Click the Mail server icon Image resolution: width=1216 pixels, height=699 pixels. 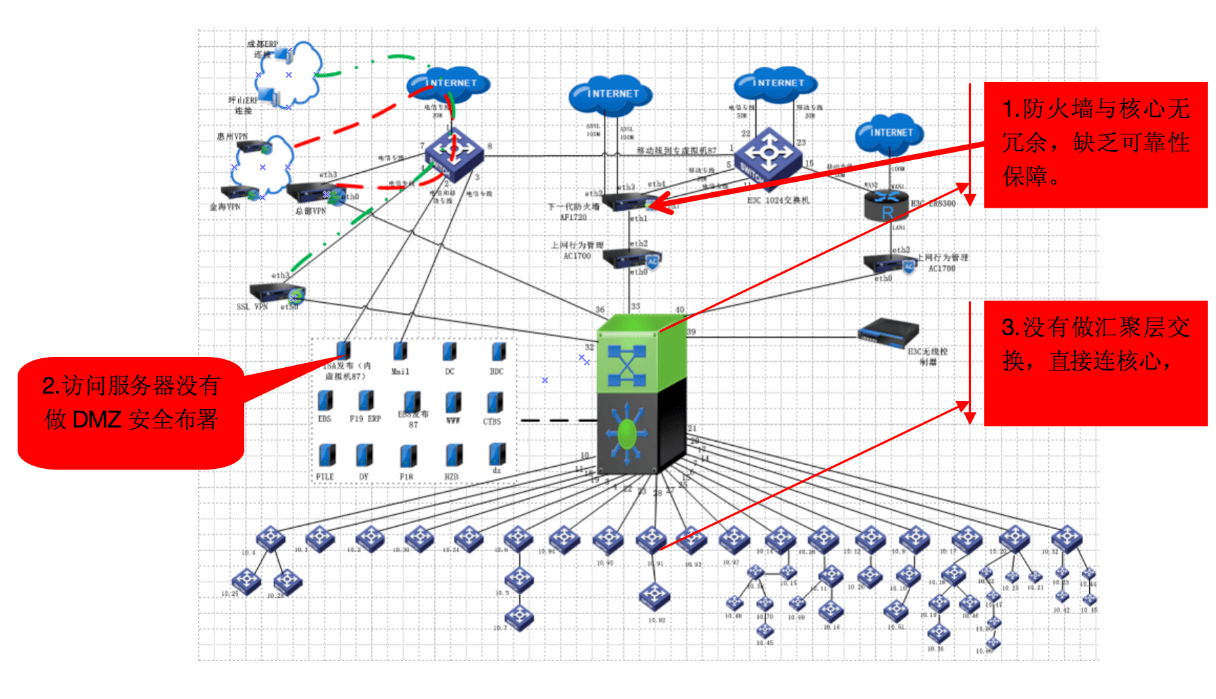[400, 352]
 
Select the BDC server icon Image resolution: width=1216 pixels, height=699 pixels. [499, 352]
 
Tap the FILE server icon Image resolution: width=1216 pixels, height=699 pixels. [327, 455]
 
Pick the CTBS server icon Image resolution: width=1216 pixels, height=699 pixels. [495, 402]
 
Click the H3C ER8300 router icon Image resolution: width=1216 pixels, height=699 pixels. [886, 205]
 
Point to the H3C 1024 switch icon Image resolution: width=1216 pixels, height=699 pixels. [768, 153]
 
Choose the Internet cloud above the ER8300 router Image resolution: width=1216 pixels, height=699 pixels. [890, 132]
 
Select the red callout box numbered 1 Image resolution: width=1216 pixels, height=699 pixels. [1095, 145]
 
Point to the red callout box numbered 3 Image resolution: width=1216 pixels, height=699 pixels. [1095, 363]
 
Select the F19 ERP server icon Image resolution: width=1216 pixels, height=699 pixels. [366, 401]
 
